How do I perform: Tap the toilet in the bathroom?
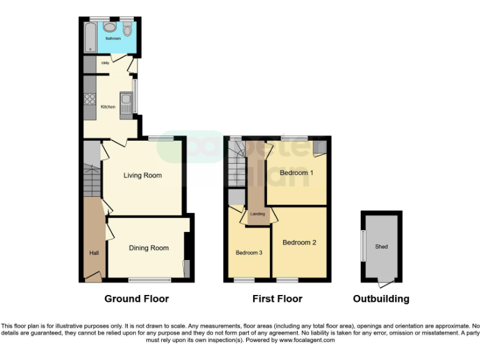pyautogui.click(x=127, y=28)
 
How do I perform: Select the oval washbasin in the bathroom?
pyautogui.click(x=111, y=27)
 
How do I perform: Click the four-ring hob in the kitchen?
pyautogui.click(x=90, y=99)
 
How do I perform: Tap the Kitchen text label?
pyautogui.click(x=108, y=107)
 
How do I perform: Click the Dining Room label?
pyautogui.click(x=149, y=248)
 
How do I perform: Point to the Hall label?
pyautogui.click(x=92, y=252)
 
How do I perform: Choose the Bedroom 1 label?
pyautogui.click(x=296, y=172)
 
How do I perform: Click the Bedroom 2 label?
pyautogui.click(x=299, y=242)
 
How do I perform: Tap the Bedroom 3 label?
pyautogui.click(x=249, y=253)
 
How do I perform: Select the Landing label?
pyautogui.click(x=257, y=214)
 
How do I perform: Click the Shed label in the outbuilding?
pyautogui.click(x=381, y=247)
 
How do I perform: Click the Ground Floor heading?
pyautogui.click(x=136, y=299)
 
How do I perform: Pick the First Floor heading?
pyautogui.click(x=277, y=299)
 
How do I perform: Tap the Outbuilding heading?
pyautogui.click(x=381, y=299)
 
